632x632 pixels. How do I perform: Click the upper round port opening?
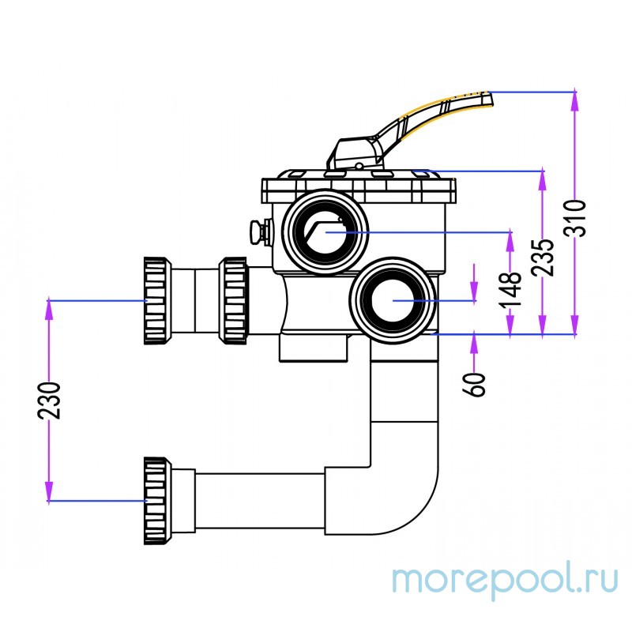tap(325, 231)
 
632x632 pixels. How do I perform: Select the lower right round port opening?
tap(393, 301)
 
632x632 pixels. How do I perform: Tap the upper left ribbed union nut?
tap(156, 301)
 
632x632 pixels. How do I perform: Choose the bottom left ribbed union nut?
tap(156, 501)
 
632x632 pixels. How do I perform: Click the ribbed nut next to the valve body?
tap(233, 301)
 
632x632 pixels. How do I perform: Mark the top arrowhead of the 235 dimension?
tap(543, 177)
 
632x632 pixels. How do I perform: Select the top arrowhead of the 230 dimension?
tap(49, 307)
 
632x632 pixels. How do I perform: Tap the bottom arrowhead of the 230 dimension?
tap(49, 493)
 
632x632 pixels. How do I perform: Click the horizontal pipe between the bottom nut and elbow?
tap(261, 501)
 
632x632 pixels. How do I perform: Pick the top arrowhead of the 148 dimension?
tap(510, 238)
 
